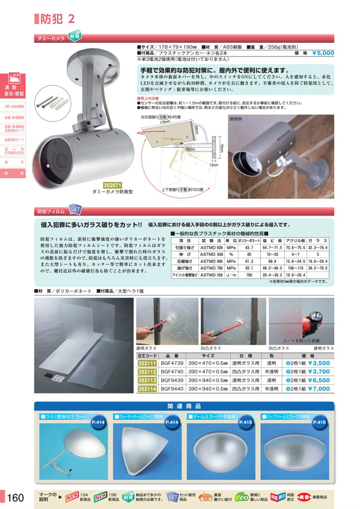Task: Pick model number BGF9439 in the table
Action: click(172, 380)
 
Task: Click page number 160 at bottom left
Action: click(16, 497)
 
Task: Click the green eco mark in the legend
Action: click(242, 496)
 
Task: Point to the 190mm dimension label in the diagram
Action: click(188, 149)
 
